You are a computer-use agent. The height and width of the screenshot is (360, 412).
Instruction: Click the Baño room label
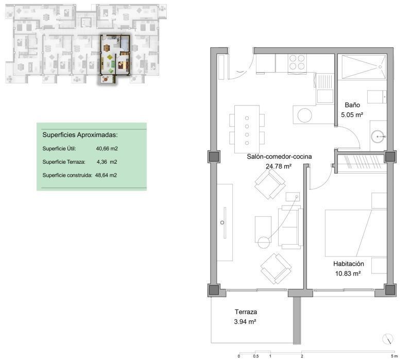(352, 105)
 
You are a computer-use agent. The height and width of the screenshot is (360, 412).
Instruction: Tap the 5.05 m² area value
(352, 115)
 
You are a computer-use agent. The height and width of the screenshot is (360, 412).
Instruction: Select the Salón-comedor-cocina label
(279, 157)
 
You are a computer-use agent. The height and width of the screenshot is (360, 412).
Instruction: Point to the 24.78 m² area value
(279, 166)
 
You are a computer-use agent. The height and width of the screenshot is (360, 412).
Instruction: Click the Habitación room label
(349, 264)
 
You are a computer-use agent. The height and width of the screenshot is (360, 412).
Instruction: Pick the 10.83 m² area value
(348, 273)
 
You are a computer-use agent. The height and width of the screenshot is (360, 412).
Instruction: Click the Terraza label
(246, 312)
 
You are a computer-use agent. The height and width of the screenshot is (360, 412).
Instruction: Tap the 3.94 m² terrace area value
(245, 322)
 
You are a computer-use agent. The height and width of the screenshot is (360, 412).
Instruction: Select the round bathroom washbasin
(377, 136)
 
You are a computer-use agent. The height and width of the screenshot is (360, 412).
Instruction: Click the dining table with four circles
(247, 129)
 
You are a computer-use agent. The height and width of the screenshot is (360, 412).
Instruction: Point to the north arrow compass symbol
(388, 338)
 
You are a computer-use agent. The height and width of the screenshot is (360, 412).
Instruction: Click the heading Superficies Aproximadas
(80, 135)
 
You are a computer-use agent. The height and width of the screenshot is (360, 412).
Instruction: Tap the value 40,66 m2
(107, 148)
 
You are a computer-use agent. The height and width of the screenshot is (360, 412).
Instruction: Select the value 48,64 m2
(106, 175)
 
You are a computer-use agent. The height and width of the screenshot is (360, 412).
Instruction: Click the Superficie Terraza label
(64, 162)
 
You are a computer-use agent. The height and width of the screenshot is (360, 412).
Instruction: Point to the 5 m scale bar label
(394, 356)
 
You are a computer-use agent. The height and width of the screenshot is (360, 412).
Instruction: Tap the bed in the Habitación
(356, 233)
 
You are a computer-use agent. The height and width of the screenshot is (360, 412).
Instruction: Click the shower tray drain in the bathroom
(380, 67)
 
